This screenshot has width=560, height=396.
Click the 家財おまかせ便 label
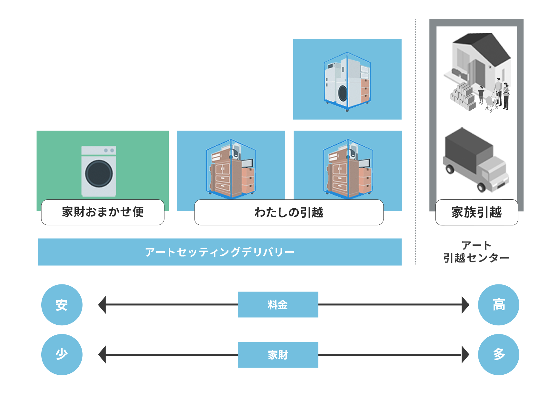[x=103, y=212]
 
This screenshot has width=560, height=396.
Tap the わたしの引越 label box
[x=289, y=213]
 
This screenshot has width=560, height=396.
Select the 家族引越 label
[x=476, y=213]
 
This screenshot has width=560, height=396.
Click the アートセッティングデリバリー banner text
[x=220, y=252]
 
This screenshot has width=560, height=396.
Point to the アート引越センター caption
[x=476, y=252]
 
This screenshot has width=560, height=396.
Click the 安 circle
[x=62, y=305]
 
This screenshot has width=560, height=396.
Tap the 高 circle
[x=498, y=305]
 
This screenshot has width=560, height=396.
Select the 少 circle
[x=62, y=354]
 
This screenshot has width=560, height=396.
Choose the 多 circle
[x=498, y=354]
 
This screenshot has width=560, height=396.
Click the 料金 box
[x=278, y=305]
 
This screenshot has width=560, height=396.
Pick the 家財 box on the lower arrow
[x=278, y=355]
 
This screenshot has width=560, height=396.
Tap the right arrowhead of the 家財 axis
[x=465, y=355]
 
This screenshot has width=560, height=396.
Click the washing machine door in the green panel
[x=99, y=173]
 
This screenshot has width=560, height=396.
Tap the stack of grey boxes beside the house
[x=463, y=96]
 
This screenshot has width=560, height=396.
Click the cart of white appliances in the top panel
[x=347, y=82]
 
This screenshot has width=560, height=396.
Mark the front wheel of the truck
[x=481, y=187]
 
